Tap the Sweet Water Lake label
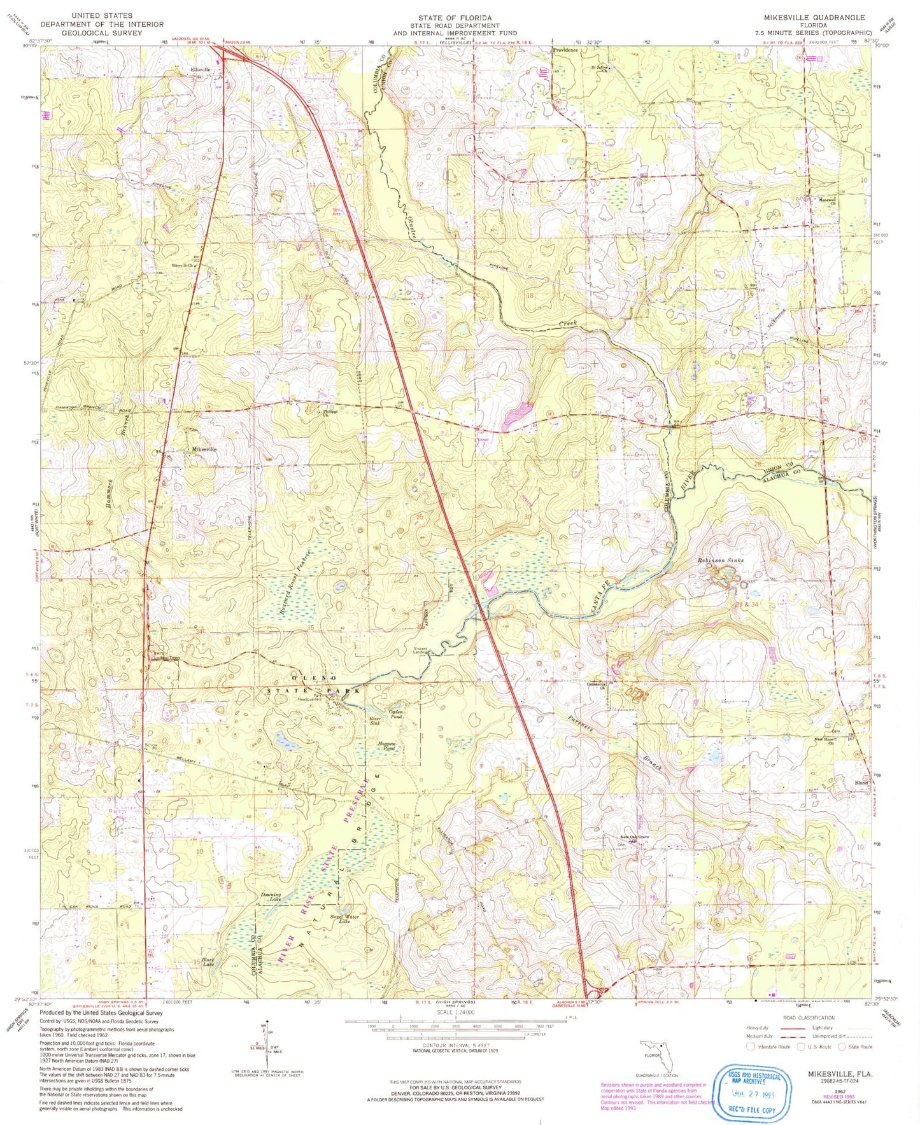click(x=344, y=918)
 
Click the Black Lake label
click(x=208, y=961)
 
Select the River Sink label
click(x=375, y=721)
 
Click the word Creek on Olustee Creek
click(x=568, y=324)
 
